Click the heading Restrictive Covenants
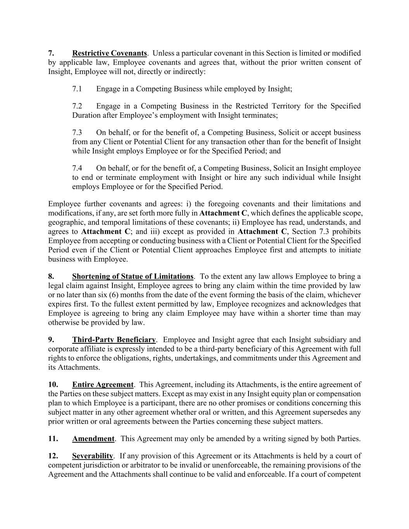click(109, 53)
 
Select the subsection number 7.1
click(77, 89)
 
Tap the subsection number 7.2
click(77, 106)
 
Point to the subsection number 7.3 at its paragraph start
click(77, 133)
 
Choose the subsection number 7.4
click(77, 168)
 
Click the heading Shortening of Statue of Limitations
click(133, 276)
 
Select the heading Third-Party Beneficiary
click(114, 340)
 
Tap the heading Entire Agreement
click(103, 385)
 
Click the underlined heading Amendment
click(93, 439)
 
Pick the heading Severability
click(92, 456)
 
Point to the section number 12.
click(53, 456)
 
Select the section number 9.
click(51, 340)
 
